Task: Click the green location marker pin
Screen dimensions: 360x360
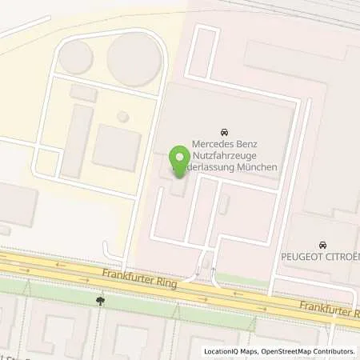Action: [x=181, y=158]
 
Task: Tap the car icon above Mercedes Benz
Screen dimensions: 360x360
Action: [x=222, y=131]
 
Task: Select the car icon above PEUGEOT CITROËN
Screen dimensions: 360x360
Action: [x=322, y=243]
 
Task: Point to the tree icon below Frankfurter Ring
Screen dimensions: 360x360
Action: [x=100, y=301]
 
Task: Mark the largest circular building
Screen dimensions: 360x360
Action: [x=134, y=58]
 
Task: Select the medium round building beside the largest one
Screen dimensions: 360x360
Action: [x=76, y=58]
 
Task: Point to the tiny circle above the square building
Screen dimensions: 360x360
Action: [x=122, y=117]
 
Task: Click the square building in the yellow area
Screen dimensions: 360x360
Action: [x=116, y=147]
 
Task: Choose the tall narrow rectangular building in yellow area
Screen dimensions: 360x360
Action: [x=77, y=141]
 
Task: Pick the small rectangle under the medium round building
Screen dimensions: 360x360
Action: [x=83, y=93]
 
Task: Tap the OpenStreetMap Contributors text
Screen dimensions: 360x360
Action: [x=304, y=352]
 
